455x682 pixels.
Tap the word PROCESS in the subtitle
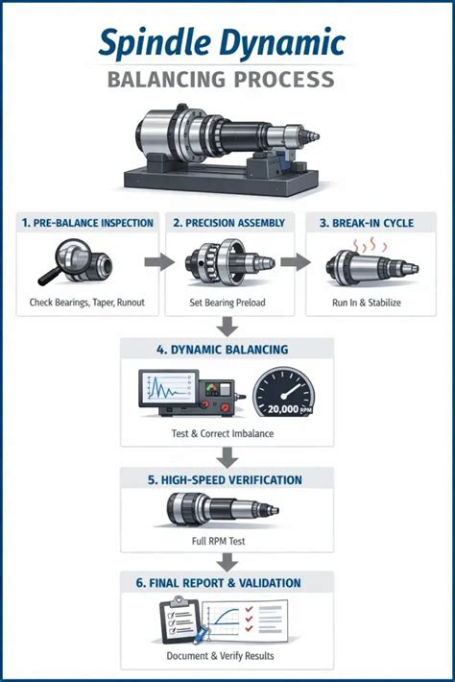click(x=285, y=80)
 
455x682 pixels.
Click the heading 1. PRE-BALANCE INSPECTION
click(x=87, y=223)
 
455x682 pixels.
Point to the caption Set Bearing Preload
click(x=227, y=303)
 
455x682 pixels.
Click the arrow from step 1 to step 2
click(x=159, y=262)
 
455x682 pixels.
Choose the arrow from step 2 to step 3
click(x=296, y=262)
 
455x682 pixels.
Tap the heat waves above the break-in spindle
click(x=370, y=246)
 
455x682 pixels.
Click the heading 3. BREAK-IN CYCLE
click(x=367, y=223)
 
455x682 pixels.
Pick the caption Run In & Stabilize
click(x=367, y=303)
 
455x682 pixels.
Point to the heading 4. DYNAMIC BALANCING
click(x=223, y=350)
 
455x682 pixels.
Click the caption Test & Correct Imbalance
click(x=223, y=433)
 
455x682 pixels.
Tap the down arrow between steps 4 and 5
click(x=227, y=457)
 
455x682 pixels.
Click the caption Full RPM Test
click(x=218, y=541)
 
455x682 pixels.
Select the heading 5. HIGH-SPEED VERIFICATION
click(x=225, y=480)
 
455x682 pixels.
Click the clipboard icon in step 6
click(x=180, y=620)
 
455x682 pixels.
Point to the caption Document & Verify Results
click(x=221, y=655)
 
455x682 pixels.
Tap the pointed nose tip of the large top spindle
click(x=318, y=137)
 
